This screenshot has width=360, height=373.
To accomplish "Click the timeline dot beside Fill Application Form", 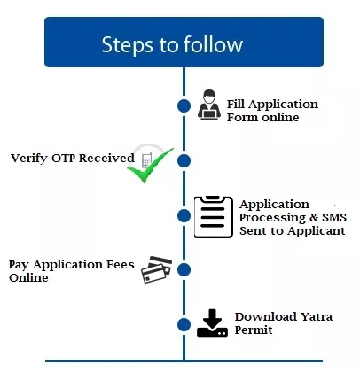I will (184, 106).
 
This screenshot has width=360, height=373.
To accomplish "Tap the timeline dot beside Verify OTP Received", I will (184, 160).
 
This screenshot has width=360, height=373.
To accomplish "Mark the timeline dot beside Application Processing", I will (184, 215).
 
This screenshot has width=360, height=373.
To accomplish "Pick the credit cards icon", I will (157, 269).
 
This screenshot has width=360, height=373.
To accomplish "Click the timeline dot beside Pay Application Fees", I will (184, 269).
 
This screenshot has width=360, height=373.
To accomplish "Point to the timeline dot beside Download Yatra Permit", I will (184, 323).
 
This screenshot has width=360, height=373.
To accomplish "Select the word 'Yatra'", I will (307, 316).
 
